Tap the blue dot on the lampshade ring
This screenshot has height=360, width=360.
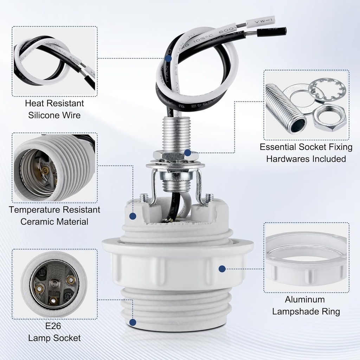[x=222, y=269]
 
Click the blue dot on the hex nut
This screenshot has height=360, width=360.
[x=188, y=153]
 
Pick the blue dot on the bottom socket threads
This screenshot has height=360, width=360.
[x=133, y=322]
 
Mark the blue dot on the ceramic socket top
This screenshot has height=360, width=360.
[x=133, y=216]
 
